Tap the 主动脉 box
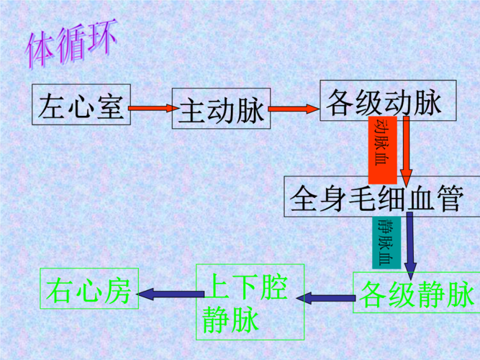[221, 109]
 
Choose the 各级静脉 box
[415, 292]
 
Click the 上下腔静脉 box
[250, 302]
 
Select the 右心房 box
[89, 290]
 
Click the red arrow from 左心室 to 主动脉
[151, 109]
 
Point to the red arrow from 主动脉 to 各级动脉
[294, 109]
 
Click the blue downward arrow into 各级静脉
[409, 246]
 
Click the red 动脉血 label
[382, 148]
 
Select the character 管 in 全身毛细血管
[449, 196]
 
